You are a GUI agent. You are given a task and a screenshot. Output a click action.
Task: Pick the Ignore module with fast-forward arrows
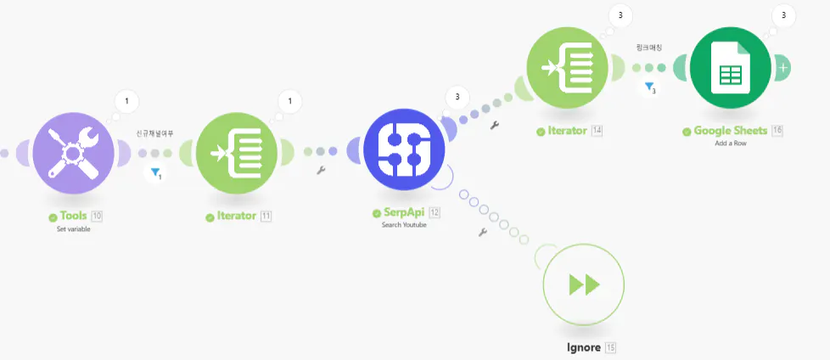point(583,285)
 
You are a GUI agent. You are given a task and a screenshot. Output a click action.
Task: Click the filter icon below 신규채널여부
point(155,173)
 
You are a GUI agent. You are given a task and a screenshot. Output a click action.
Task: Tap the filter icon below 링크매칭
point(649,87)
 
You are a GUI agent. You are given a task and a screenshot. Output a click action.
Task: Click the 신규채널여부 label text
point(154,133)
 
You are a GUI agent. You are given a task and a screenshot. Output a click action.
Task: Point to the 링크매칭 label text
point(649,48)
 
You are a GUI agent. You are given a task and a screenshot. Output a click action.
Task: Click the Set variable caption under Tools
point(73,229)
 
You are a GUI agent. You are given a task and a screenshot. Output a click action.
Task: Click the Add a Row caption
point(732,143)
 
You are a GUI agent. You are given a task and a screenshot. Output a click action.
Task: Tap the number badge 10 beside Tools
point(97,217)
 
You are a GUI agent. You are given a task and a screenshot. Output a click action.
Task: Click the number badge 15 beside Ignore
point(611,347)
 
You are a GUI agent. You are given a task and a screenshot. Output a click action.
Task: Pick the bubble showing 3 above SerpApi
point(457,96)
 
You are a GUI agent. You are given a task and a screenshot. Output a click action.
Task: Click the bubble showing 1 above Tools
point(126,102)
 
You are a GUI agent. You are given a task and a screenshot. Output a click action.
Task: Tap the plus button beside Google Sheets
point(782,67)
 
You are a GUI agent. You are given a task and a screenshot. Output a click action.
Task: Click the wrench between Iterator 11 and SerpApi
point(321,170)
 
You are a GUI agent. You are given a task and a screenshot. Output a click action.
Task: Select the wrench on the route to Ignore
point(482,231)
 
